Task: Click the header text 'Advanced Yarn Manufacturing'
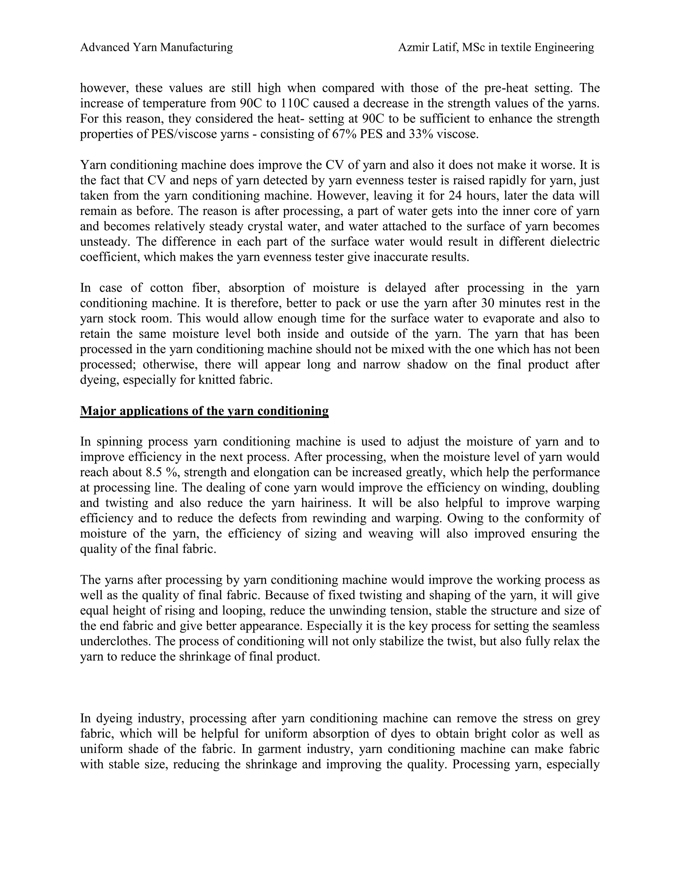[x=156, y=47]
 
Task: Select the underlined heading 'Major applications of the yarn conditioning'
[x=204, y=411]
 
